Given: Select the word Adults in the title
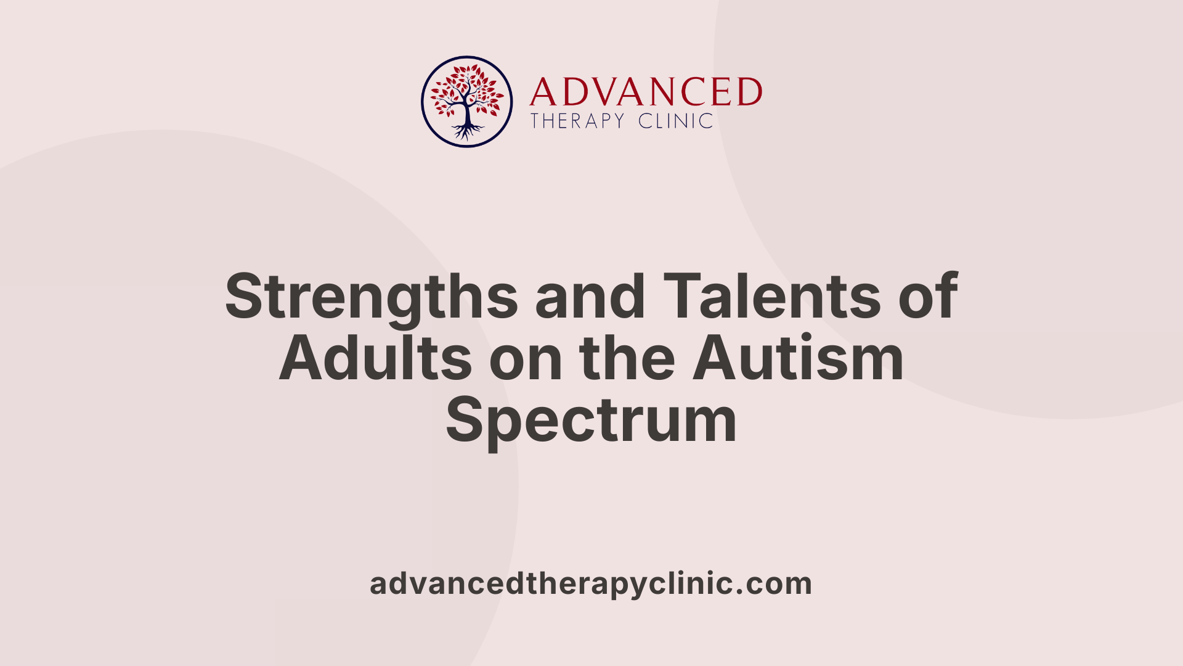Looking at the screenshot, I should click(375, 359).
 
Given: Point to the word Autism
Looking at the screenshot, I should click(798, 359).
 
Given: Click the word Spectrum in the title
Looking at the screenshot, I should click(591, 421).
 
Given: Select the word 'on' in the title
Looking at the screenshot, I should click(526, 359).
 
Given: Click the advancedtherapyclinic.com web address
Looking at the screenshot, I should click(591, 583).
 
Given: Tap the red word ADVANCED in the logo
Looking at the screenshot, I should click(646, 92).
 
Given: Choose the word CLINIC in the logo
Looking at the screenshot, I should click(676, 121).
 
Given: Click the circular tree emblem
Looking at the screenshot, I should click(466, 102).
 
